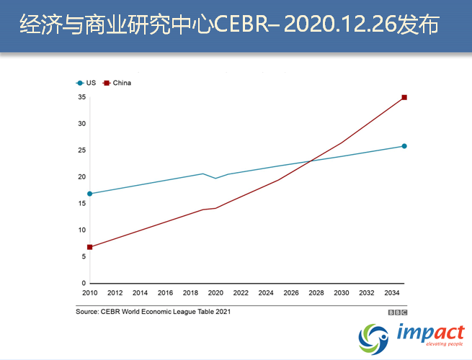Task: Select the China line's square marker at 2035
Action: (404, 97)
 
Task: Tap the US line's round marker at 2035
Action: (404, 146)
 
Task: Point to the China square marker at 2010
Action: (89, 247)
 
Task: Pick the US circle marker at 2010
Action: (89, 194)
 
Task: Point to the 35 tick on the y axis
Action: (82, 97)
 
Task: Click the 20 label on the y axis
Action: (82, 177)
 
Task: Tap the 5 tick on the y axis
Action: (84, 257)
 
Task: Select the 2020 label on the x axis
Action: (215, 293)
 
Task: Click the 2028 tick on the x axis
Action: (316, 293)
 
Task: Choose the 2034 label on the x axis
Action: (392, 293)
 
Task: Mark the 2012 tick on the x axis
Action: (115, 293)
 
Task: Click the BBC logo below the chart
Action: (398, 312)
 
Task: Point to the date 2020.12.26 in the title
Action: (338, 26)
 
